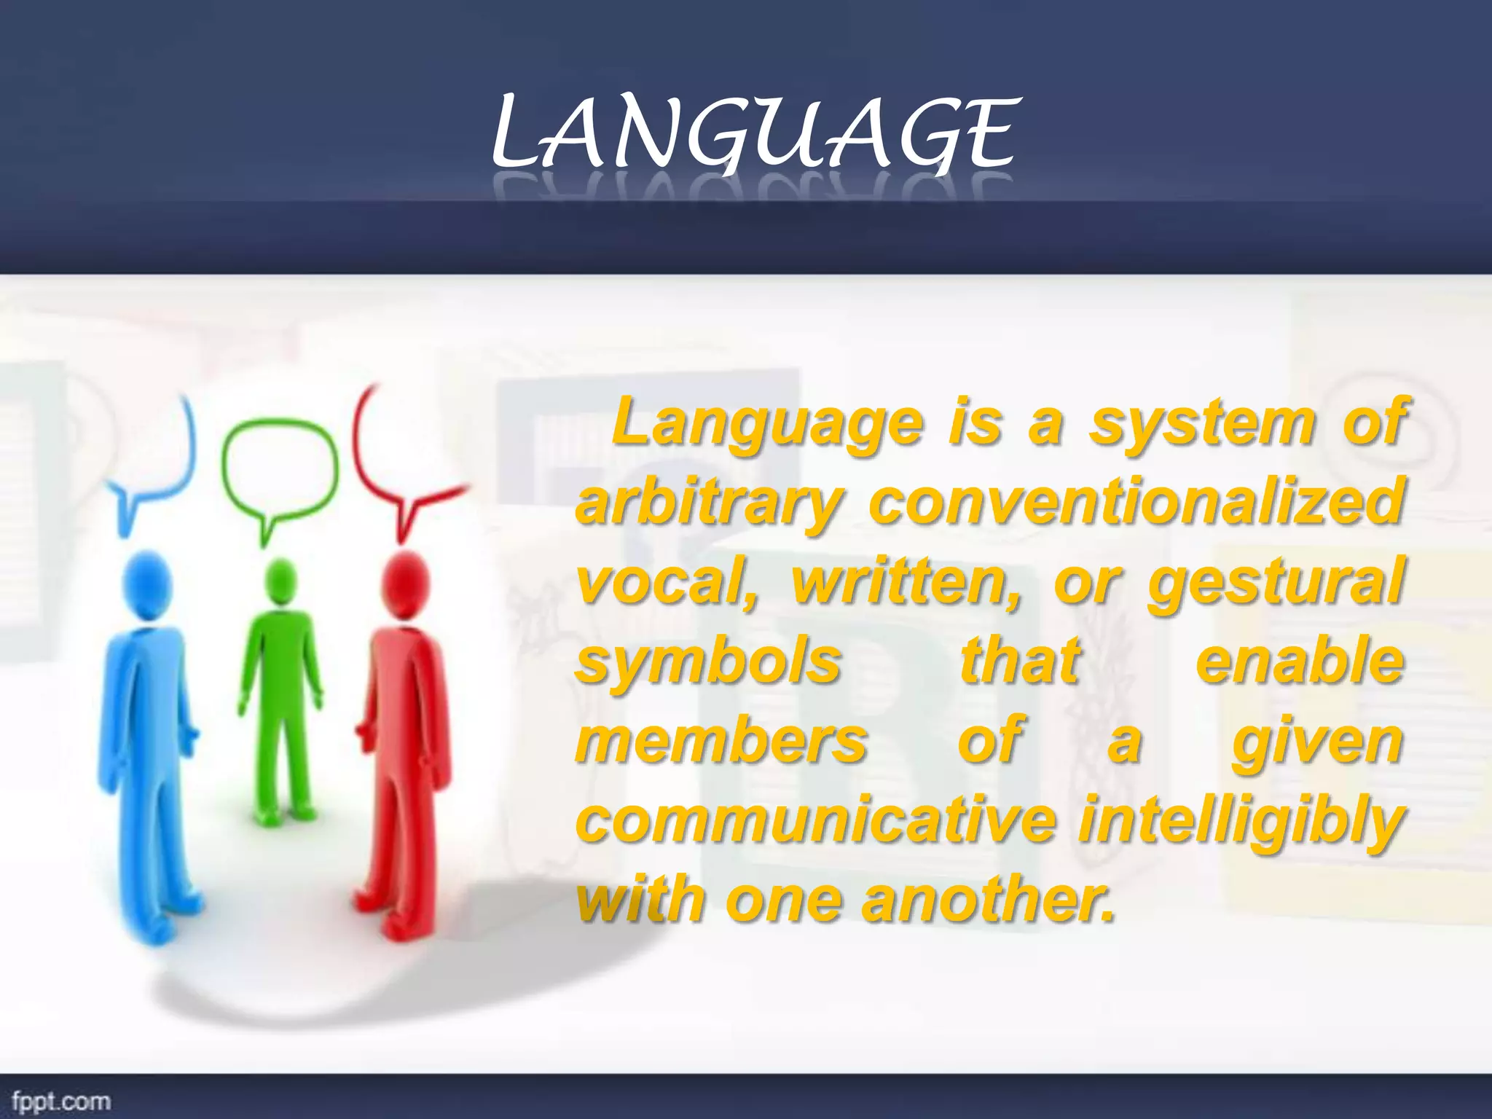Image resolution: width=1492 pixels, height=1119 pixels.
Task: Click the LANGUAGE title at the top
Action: (x=753, y=135)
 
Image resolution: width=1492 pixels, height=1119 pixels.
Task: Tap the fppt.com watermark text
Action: (x=61, y=1100)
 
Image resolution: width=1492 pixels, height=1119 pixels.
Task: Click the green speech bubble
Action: (x=280, y=470)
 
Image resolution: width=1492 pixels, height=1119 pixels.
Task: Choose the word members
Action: (x=721, y=742)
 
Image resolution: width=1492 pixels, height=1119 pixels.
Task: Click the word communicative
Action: (x=816, y=820)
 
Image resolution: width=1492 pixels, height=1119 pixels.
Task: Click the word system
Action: (x=1203, y=424)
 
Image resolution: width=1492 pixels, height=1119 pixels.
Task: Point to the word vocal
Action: (x=667, y=583)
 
